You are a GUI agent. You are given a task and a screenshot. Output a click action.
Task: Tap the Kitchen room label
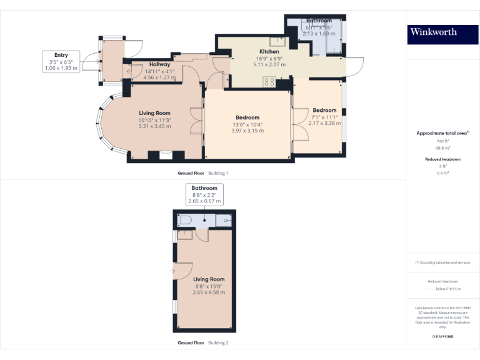click(x=269, y=52)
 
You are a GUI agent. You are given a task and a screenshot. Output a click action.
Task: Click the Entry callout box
click(x=61, y=62)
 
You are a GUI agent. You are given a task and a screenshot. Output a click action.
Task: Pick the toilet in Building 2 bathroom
click(x=184, y=219)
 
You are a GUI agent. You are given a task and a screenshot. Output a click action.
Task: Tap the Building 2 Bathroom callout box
click(x=204, y=194)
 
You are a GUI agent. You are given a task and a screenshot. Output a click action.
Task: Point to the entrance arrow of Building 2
click(x=172, y=271)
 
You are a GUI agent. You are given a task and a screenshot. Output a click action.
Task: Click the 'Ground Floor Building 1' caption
click(x=203, y=172)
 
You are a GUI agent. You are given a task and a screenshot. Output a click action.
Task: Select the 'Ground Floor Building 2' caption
click(x=203, y=343)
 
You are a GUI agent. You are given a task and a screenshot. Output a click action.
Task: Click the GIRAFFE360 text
click(x=442, y=337)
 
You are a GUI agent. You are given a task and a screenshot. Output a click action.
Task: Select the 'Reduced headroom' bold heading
click(x=442, y=159)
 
